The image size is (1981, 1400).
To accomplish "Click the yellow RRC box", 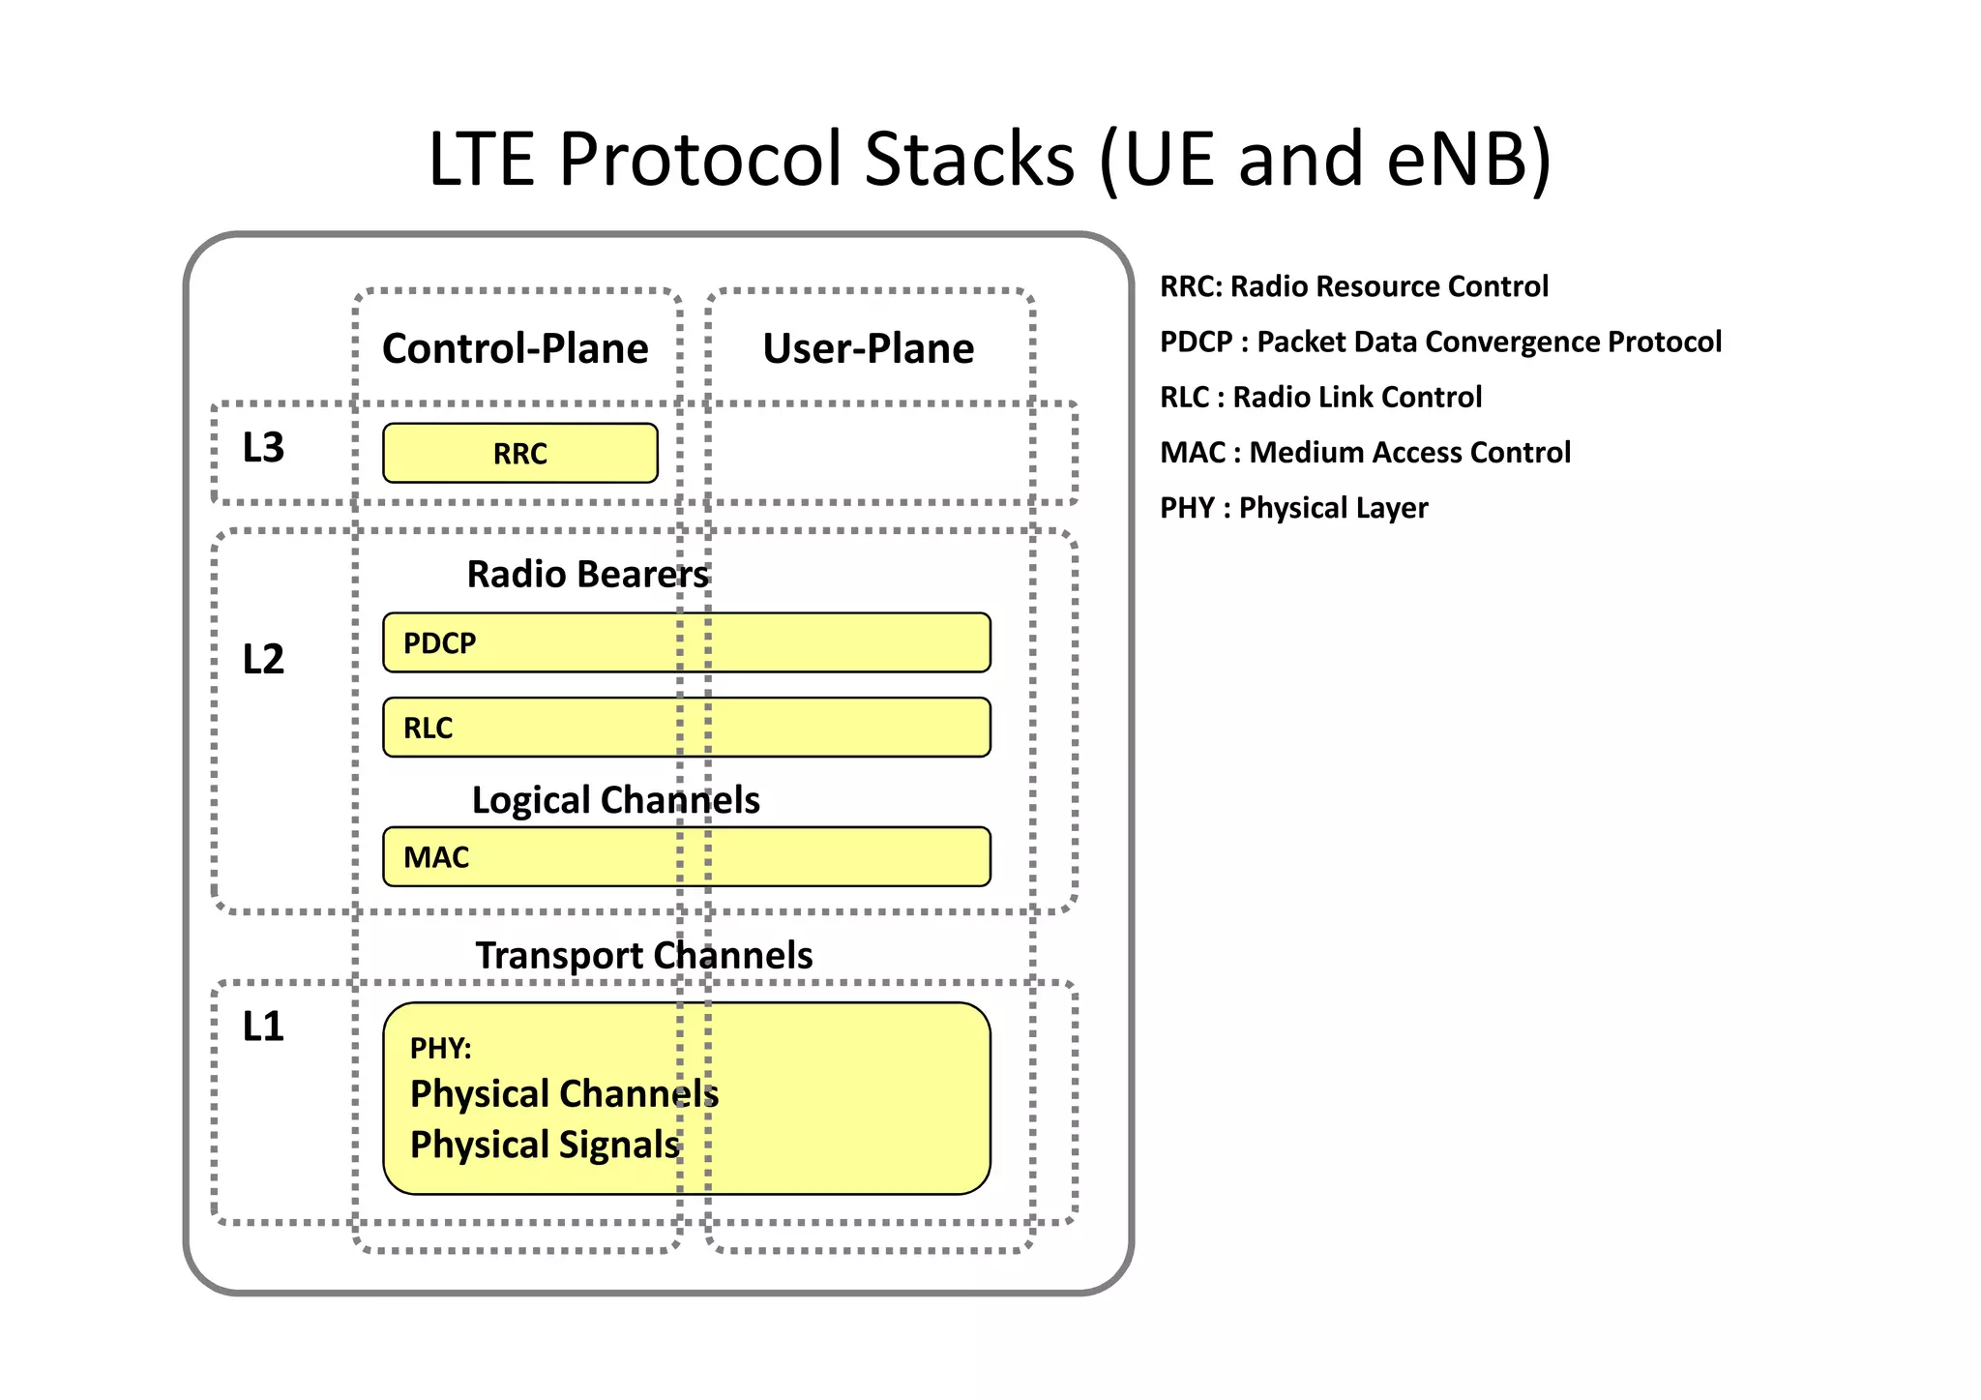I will click(x=520, y=453).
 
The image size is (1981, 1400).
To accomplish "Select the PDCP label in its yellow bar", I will click(x=439, y=643).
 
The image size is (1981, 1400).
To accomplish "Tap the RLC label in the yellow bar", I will click(x=428, y=728).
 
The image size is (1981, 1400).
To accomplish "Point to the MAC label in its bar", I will click(x=436, y=857).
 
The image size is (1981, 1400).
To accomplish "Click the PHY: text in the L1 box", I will click(x=440, y=1048).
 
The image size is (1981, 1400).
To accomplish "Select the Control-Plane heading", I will click(x=515, y=348).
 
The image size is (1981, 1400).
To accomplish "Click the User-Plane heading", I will click(x=868, y=348).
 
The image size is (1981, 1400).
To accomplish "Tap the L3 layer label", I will click(x=263, y=448).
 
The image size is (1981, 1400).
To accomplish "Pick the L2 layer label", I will click(x=263, y=660).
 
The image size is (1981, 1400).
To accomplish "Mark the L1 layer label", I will click(x=263, y=1027).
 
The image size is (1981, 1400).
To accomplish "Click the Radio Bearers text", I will click(x=587, y=575).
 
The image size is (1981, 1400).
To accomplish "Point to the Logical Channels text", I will click(x=615, y=800).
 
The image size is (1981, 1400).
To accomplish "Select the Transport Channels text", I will click(x=643, y=956).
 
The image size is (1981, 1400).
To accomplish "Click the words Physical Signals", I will click(x=545, y=1145).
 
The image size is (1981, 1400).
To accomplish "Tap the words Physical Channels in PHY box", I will click(x=564, y=1094).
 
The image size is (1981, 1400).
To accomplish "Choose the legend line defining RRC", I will click(x=1353, y=286).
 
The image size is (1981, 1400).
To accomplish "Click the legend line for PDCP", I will click(x=1440, y=342).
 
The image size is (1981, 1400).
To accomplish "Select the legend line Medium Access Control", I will click(x=1365, y=452).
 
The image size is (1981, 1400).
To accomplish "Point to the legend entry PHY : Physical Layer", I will click(x=1293, y=508).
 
